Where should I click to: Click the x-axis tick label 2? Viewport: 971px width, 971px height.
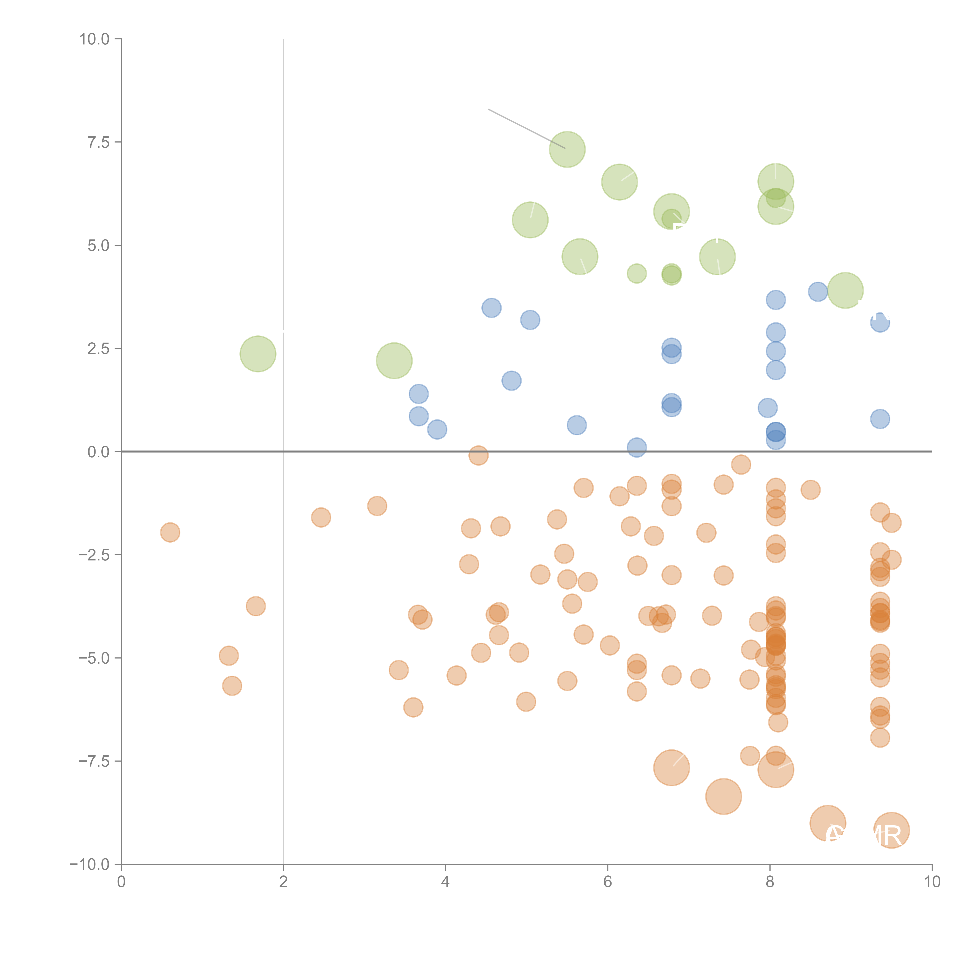pos(284,882)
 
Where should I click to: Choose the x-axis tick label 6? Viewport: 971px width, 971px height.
pos(608,882)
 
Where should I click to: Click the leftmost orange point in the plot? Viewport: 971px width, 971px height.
pos(170,532)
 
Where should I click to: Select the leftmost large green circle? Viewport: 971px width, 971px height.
pos(258,354)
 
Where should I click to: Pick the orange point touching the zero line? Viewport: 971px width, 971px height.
pos(479,455)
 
